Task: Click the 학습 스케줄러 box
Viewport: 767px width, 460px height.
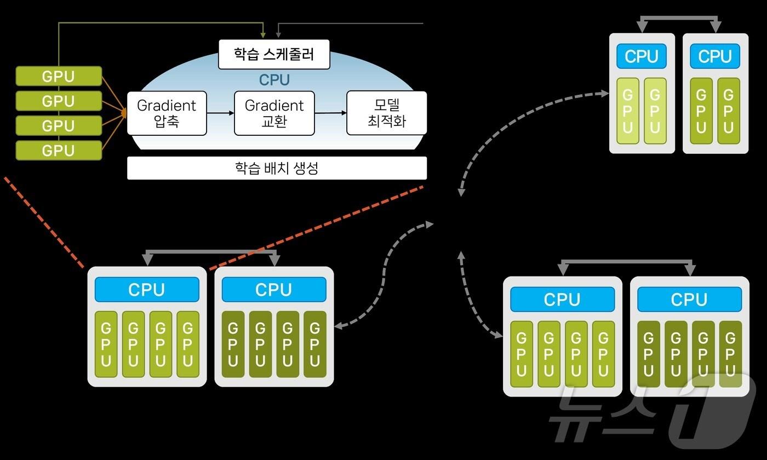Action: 274,54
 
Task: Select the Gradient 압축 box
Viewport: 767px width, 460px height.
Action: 167,113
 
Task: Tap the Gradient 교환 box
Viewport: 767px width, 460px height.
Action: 274,113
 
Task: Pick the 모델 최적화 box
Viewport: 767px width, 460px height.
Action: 386,113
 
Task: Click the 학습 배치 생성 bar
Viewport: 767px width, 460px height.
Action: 277,168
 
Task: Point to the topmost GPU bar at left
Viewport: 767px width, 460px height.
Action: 59,76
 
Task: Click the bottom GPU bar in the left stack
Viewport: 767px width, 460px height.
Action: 59,150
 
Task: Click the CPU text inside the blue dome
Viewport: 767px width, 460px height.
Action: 274,80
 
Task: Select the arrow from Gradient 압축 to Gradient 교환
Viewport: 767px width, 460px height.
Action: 220,113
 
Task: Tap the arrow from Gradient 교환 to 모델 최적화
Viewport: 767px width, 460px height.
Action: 330,113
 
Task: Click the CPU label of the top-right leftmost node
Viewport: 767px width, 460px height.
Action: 641,56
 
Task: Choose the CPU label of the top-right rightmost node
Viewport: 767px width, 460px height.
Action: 714,56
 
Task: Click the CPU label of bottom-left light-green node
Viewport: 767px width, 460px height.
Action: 146,290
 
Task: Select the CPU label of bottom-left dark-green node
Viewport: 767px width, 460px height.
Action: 273,290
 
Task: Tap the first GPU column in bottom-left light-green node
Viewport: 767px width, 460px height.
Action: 106,344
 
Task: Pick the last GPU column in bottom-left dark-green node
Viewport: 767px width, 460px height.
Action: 314,344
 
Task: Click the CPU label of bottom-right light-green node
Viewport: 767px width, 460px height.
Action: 562,300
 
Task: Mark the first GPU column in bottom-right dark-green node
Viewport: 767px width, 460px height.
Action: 649,354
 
